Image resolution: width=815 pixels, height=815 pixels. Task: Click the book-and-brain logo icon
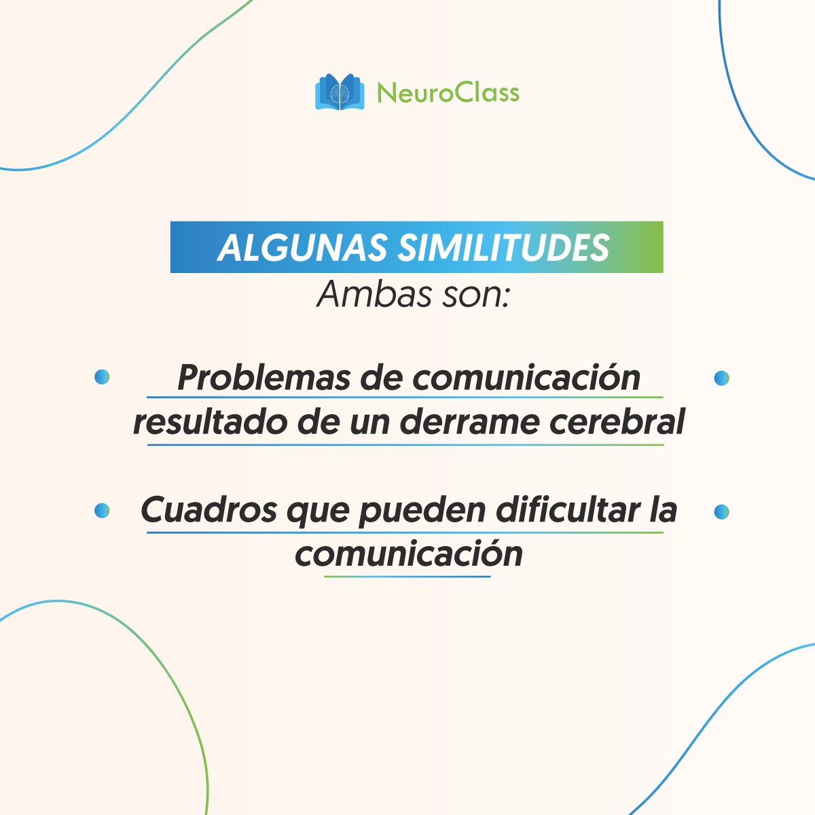click(x=340, y=92)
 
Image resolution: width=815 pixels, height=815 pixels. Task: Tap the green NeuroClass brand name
click(x=448, y=92)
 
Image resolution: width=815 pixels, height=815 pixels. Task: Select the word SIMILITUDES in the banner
click(x=502, y=249)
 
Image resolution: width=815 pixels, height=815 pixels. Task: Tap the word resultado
click(x=209, y=423)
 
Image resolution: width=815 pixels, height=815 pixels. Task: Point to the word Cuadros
click(x=209, y=511)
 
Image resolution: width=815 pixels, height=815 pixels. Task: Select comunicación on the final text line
click(x=409, y=554)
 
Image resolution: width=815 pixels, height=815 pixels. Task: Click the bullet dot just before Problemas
click(x=102, y=378)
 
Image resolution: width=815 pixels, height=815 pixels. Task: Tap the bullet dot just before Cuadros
click(x=102, y=511)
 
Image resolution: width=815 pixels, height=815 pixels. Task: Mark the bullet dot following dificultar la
click(x=721, y=511)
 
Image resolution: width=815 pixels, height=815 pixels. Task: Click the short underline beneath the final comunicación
click(x=407, y=577)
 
